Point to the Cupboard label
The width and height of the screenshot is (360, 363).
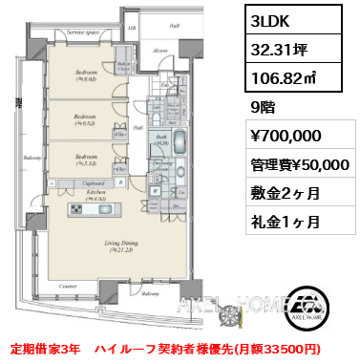coord(93,181)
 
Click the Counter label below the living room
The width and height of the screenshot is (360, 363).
coord(67,286)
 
